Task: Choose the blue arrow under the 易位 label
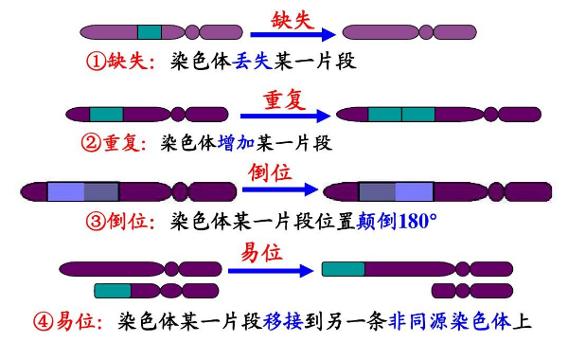point(269,270)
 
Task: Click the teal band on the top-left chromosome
point(150,33)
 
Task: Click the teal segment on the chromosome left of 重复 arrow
point(106,115)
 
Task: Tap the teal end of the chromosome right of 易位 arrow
point(343,269)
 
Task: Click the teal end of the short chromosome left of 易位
point(113,290)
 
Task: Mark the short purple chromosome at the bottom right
point(472,290)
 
